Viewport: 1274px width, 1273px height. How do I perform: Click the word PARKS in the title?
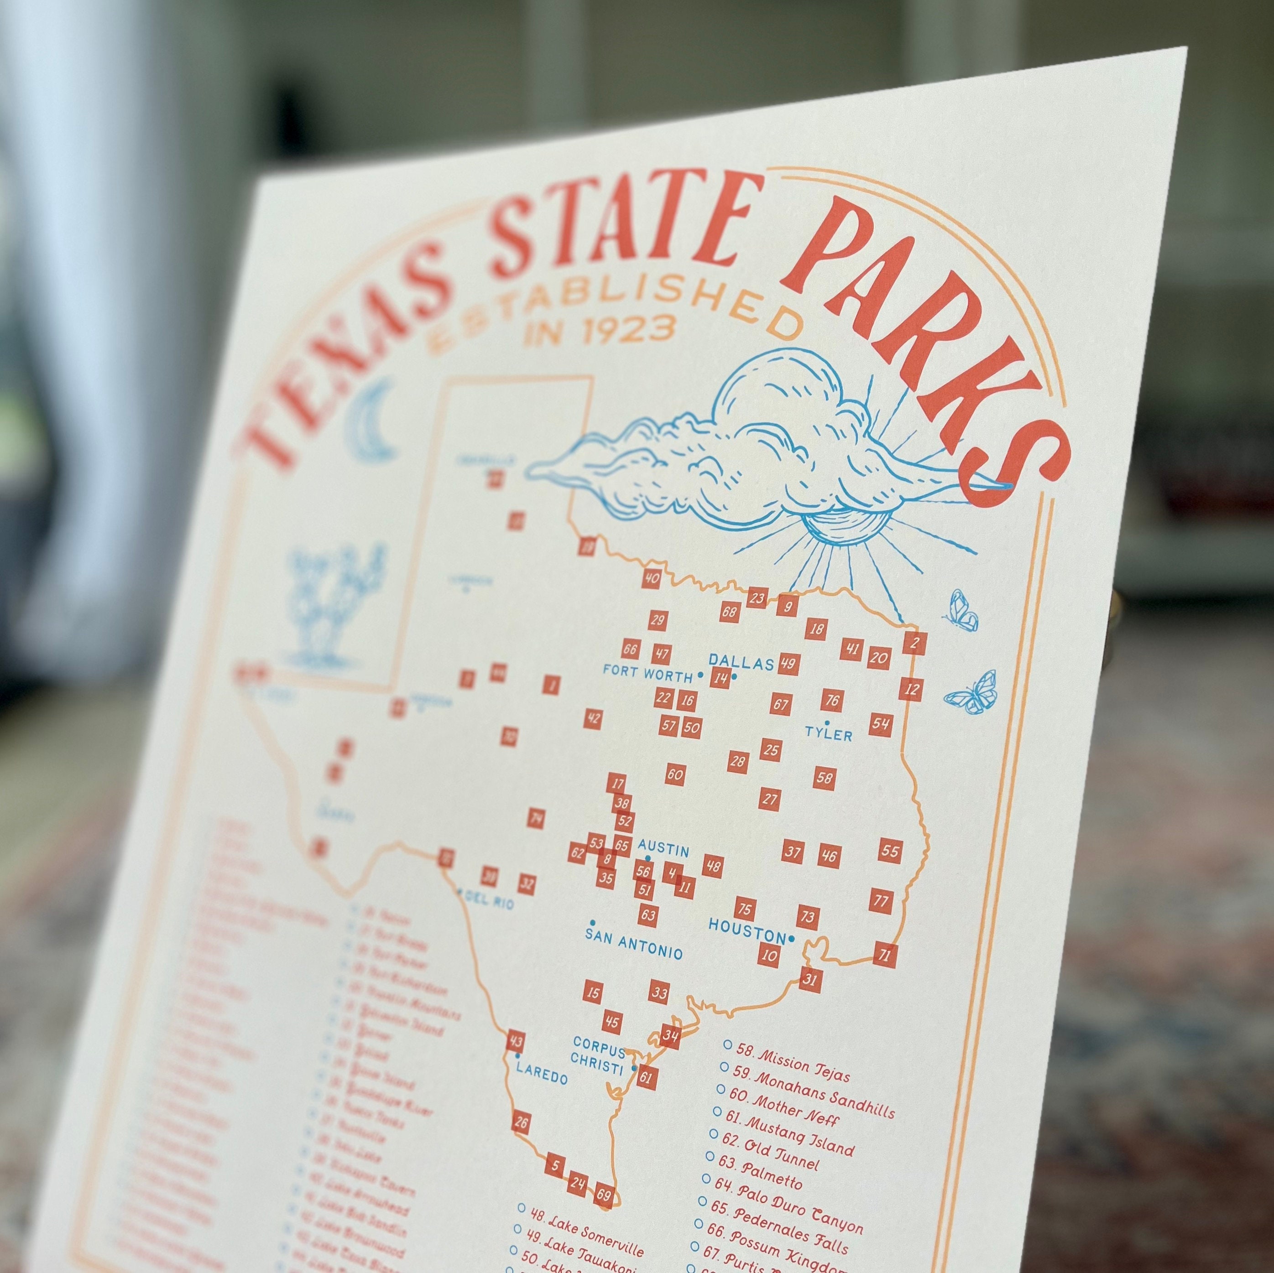pos(923,330)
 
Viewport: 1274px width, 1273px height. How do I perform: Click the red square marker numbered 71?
pos(886,955)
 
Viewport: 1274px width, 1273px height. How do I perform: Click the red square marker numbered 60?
pos(674,774)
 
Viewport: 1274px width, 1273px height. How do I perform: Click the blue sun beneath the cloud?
pos(835,526)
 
